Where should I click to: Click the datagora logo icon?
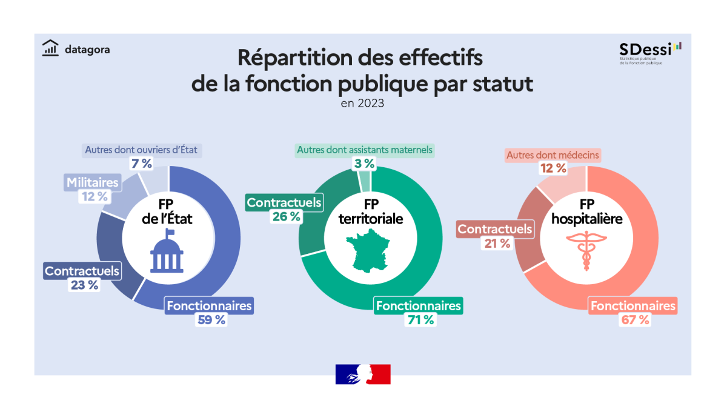50,48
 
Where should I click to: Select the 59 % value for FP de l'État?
211,320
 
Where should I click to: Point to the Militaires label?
93,182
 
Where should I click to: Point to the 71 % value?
419,320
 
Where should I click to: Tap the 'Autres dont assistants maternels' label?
365,150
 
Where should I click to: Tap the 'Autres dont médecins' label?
553,155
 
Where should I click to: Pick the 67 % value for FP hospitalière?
634,320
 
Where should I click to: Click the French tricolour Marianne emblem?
363,374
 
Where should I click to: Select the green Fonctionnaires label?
418,306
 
